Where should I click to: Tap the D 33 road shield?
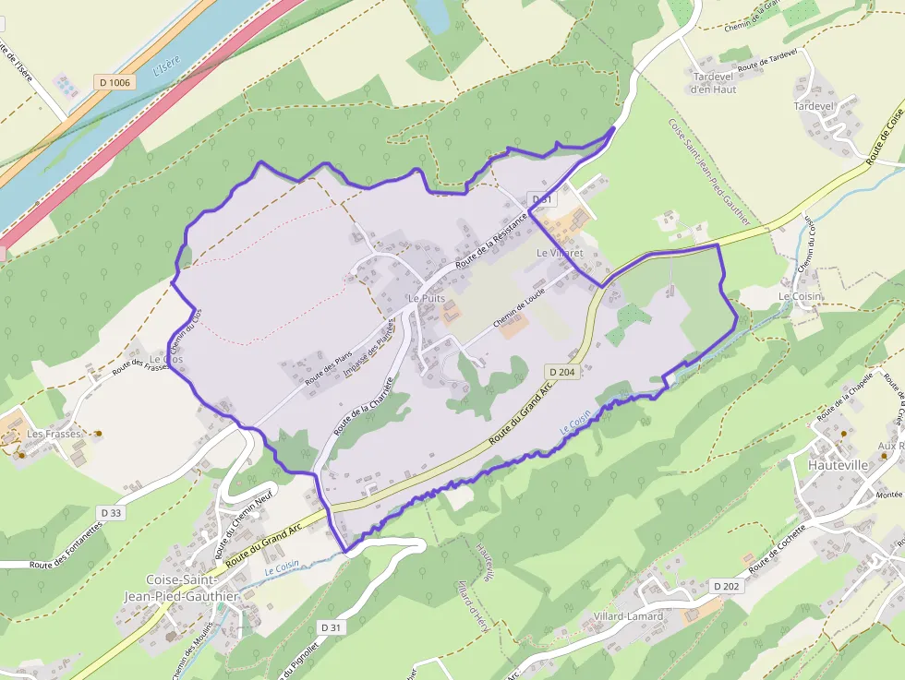[111, 512]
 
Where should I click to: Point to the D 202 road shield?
[727, 586]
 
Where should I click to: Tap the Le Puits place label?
[426, 300]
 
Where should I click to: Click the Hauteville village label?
[838, 465]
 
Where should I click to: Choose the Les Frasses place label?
[54, 434]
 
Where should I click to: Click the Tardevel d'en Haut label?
[713, 83]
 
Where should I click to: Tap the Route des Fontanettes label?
[65, 550]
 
